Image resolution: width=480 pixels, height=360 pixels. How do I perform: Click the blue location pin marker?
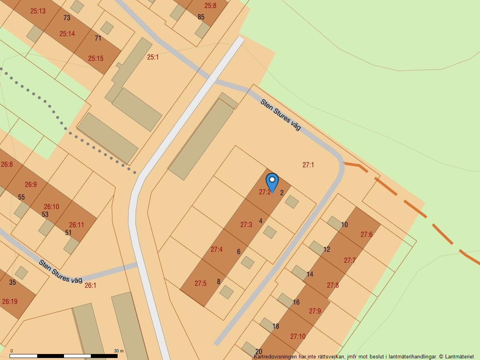click(272, 182)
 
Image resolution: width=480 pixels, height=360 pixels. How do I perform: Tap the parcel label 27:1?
click(308, 165)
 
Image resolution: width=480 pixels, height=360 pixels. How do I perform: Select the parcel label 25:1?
click(153, 57)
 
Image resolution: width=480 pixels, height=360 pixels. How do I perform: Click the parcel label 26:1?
click(90, 285)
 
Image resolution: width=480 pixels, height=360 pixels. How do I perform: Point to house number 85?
click(201, 17)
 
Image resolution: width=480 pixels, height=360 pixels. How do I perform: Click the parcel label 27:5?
click(200, 283)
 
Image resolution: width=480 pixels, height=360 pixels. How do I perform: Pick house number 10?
click(344, 225)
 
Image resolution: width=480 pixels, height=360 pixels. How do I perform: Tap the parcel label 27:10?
click(298, 336)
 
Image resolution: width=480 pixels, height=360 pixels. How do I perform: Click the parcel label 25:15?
click(96, 58)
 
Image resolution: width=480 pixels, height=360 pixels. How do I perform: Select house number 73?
click(66, 18)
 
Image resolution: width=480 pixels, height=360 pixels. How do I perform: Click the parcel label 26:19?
click(10, 302)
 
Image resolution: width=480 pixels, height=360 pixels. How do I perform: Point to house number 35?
click(12, 282)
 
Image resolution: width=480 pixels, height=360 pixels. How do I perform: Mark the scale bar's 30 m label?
click(118, 351)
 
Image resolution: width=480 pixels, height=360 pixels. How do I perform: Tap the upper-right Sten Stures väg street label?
click(280, 114)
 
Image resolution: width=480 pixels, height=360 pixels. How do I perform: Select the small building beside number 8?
click(226, 292)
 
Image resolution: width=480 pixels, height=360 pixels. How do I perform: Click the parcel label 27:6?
click(366, 234)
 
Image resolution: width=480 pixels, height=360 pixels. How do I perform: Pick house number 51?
click(68, 233)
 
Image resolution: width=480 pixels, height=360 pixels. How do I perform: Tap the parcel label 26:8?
click(7, 164)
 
